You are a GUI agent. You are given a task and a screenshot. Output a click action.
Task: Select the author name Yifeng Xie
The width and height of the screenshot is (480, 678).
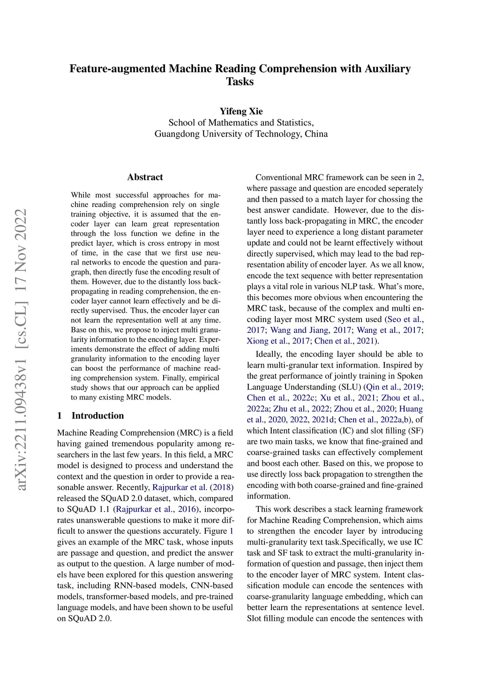coord(241,111)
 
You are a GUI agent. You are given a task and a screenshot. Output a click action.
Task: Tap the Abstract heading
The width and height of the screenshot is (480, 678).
coord(145,177)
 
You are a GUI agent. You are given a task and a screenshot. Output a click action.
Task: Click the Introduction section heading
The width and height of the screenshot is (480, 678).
coord(97,416)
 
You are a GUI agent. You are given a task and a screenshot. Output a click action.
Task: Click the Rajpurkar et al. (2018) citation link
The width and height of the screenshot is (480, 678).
coord(192,487)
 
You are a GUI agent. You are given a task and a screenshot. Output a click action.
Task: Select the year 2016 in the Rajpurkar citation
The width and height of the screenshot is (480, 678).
coord(187,509)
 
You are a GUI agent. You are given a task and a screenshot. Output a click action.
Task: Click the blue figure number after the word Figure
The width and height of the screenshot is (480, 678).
coord(231,531)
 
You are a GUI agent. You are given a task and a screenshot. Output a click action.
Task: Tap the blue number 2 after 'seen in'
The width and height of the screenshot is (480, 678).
coord(420,177)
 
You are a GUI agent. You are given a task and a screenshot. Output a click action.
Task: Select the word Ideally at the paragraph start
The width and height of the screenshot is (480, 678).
coord(269,354)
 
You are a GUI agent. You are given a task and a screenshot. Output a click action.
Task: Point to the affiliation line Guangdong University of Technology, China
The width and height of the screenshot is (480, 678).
coord(241,134)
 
